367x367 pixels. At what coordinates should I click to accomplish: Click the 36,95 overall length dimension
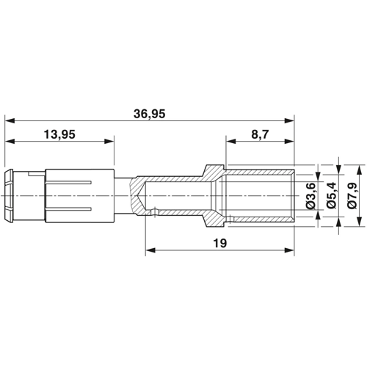(x=149, y=114)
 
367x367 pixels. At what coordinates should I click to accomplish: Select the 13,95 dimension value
(x=59, y=134)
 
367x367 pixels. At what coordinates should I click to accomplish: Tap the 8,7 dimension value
(x=260, y=134)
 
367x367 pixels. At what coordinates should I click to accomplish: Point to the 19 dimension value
(x=220, y=243)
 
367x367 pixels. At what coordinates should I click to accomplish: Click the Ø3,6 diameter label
(x=311, y=196)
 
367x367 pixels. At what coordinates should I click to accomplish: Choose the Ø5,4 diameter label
(x=332, y=196)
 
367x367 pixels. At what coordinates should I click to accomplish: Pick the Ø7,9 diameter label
(x=352, y=196)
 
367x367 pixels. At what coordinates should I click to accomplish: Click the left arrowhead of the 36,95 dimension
(x=10, y=120)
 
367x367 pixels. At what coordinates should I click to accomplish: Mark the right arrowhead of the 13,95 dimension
(x=109, y=141)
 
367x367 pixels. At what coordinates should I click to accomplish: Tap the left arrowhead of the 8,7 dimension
(x=231, y=141)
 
